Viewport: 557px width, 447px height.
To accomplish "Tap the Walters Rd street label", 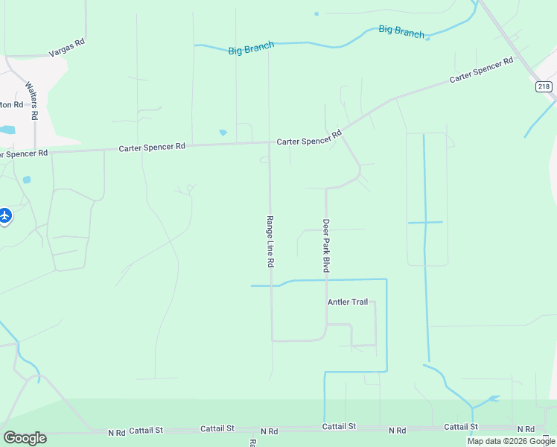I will point(32,101).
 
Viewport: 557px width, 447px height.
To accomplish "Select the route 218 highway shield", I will point(544,87).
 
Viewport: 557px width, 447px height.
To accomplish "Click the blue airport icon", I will point(4,215).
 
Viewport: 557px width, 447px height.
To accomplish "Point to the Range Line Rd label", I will point(270,241).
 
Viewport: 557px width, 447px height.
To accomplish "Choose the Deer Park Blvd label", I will point(325,244).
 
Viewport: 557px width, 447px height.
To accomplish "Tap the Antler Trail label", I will point(348,302).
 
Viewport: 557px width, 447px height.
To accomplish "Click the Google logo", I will point(25,438).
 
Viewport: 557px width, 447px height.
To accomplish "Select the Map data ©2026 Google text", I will point(511,441).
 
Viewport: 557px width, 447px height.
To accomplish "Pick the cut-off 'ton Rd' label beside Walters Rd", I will point(10,104).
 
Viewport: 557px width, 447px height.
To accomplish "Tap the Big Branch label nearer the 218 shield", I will point(401,31).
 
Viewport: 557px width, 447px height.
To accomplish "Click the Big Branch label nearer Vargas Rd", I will point(251,48).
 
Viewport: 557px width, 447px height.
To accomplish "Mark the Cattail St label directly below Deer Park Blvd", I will point(339,426).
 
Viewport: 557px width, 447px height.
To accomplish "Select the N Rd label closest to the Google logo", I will point(117,432).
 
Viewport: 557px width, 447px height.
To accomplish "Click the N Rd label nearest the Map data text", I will point(526,429).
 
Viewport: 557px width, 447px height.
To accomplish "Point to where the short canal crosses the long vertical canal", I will point(424,222).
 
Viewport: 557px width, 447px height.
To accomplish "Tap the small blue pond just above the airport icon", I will point(27,180).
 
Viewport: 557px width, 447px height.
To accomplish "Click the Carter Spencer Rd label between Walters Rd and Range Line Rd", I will point(152,148).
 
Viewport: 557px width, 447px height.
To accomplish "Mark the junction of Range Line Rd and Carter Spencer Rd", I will point(269,142).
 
